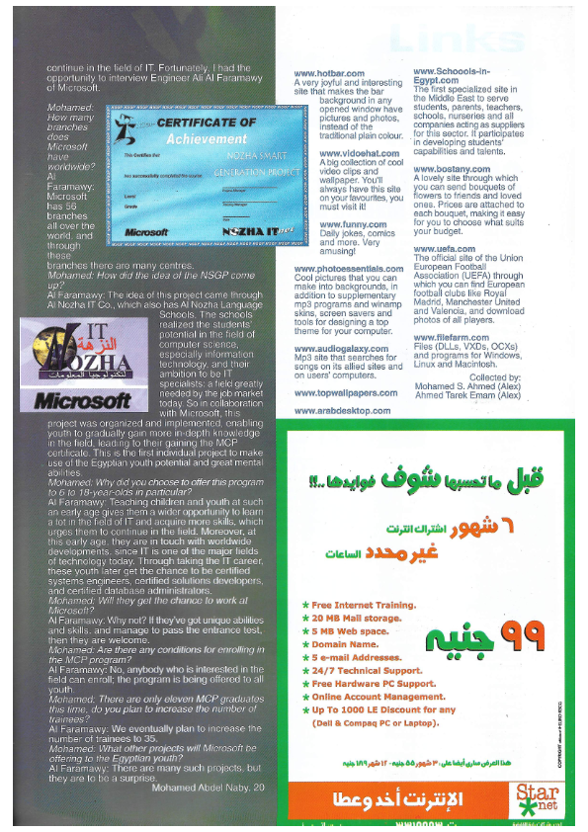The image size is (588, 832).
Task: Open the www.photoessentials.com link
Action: tap(349, 268)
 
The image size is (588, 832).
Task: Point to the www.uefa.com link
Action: tap(439, 249)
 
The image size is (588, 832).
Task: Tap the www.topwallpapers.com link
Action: tap(345, 392)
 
